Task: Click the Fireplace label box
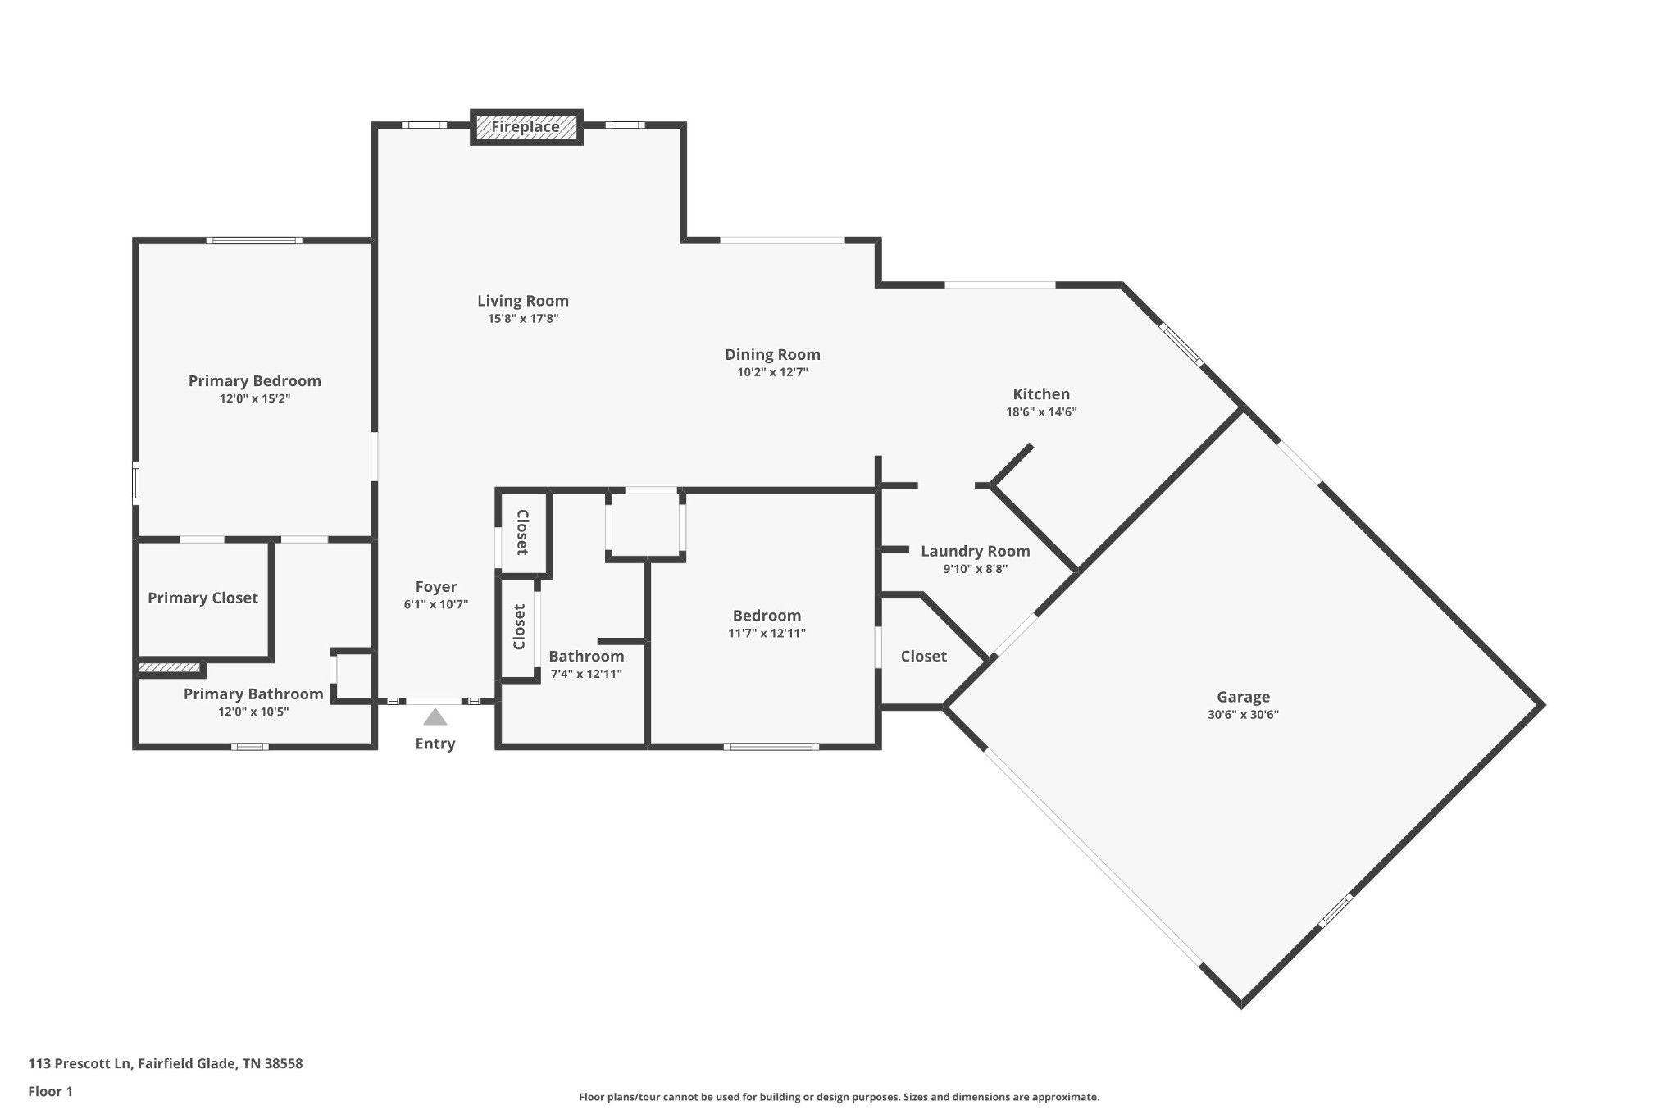point(526,127)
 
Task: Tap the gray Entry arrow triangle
point(435,718)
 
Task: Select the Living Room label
point(523,301)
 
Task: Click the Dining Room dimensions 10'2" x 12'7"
point(772,372)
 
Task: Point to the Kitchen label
point(1041,394)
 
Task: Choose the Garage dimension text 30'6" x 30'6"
point(1243,714)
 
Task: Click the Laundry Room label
point(975,552)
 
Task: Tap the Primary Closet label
point(202,598)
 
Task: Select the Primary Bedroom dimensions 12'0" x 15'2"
point(255,399)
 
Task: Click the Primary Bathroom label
point(253,694)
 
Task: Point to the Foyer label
point(436,587)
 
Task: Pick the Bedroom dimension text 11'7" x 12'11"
point(767,633)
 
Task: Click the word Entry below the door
point(435,744)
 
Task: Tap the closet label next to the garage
point(924,656)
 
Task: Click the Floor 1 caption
point(51,1091)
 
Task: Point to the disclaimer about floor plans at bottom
point(839,1097)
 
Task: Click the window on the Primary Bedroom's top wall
point(254,240)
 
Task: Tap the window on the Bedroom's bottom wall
point(771,746)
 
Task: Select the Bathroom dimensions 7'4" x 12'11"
point(585,674)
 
